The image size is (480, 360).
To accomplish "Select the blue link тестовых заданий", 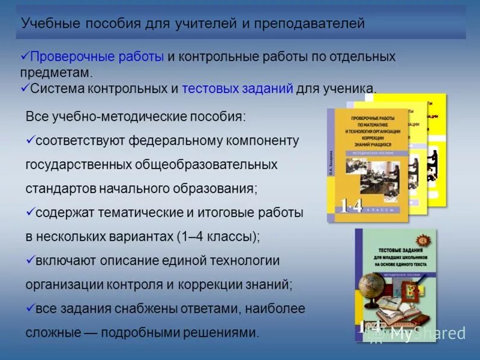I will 238,88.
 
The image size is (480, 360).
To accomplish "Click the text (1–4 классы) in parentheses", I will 218,236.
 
